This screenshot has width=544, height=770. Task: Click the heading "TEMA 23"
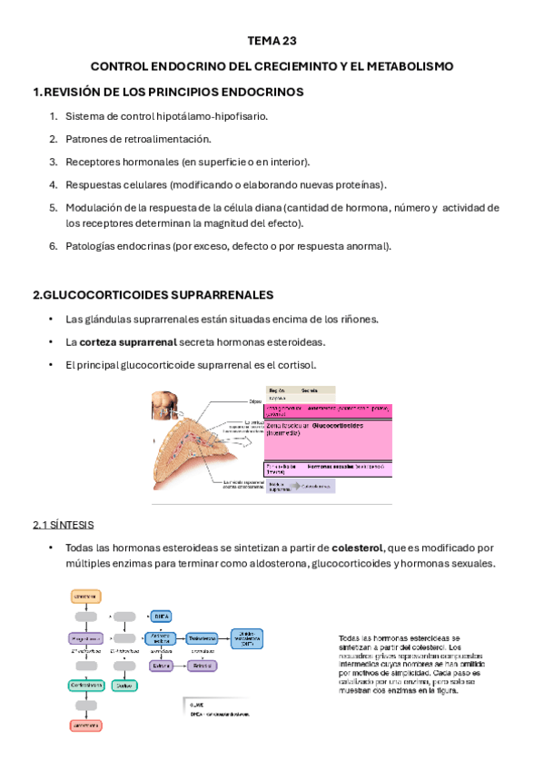pos(272,41)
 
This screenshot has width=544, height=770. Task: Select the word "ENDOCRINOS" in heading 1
pos(262,92)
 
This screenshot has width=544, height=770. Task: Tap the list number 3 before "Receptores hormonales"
pos(54,162)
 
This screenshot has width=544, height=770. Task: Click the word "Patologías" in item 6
pos(94,245)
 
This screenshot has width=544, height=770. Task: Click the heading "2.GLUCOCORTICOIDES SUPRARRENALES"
pos(153,295)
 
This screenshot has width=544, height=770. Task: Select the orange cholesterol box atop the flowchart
pos(85,596)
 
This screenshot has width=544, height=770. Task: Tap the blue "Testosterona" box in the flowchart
pos(206,638)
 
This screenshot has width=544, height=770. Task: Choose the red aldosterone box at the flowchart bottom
pos(85,726)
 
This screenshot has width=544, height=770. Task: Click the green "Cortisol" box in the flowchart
pos(124,686)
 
